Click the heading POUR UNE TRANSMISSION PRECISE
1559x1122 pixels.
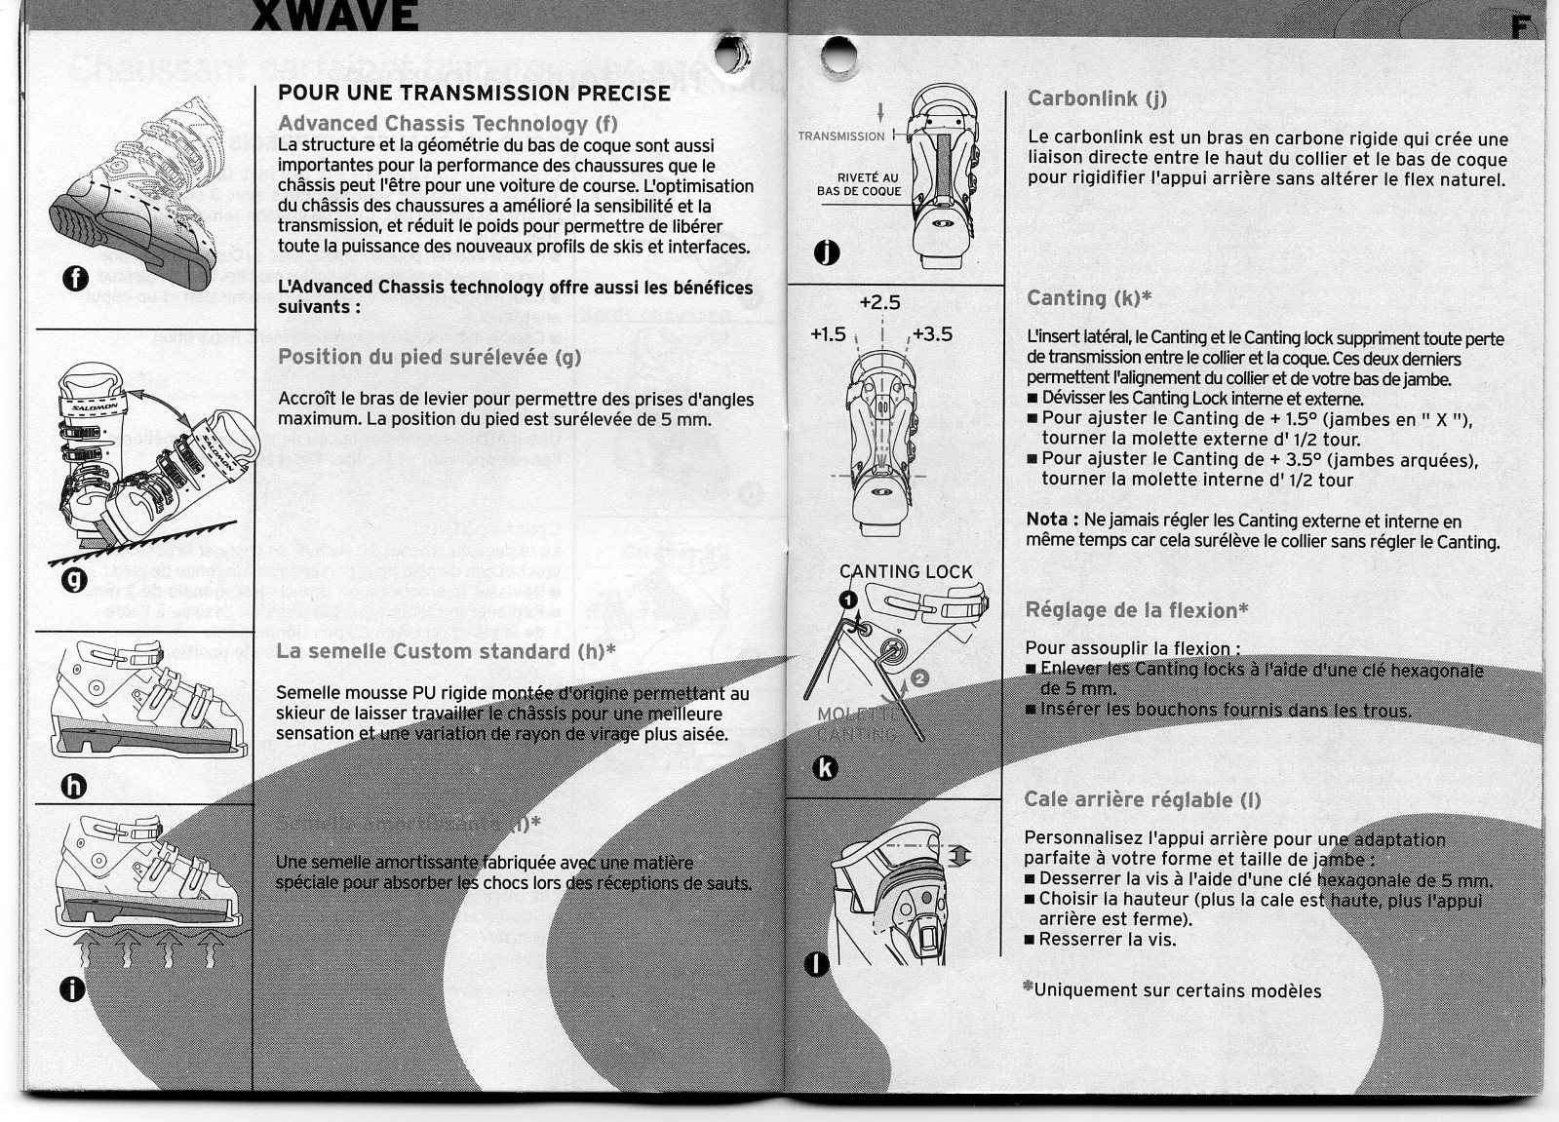pyautogui.click(x=474, y=94)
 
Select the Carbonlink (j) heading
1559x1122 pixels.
pyautogui.click(x=1097, y=98)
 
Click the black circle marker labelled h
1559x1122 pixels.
pyautogui.click(x=76, y=786)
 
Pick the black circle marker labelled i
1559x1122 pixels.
pyautogui.click(x=71, y=989)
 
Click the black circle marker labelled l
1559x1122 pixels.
pyautogui.click(x=820, y=965)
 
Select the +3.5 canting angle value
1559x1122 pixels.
pyautogui.click(x=933, y=334)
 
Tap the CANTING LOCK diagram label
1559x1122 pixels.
pyautogui.click(x=906, y=572)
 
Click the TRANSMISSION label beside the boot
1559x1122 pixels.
pyautogui.click(x=840, y=136)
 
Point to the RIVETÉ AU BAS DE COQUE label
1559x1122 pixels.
pyautogui.click(x=860, y=184)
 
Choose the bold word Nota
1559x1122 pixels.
pyautogui.click(x=1051, y=521)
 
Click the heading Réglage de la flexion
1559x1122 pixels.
pyautogui.click(x=1137, y=611)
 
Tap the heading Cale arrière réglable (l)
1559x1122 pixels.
pyautogui.click(x=1142, y=800)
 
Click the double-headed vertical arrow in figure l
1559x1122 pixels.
pyautogui.click(x=960, y=855)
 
